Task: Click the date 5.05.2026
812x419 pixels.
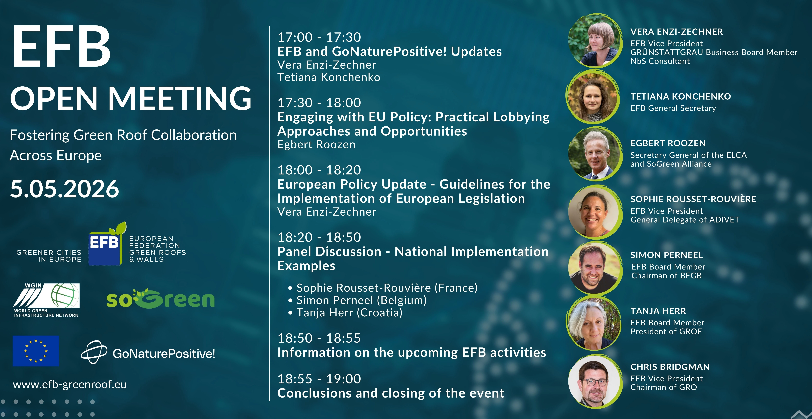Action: [65, 189]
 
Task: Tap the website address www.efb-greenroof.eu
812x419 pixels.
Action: [70, 385]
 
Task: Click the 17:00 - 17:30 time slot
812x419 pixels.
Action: [319, 37]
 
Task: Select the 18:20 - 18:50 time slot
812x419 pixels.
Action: [319, 237]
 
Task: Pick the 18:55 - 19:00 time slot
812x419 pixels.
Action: [319, 379]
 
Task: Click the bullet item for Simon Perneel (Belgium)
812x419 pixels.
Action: [357, 300]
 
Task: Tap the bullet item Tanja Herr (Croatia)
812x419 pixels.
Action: [345, 313]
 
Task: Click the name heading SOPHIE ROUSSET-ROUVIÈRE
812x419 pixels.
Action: [693, 199]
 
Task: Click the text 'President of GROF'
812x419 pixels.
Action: [666, 331]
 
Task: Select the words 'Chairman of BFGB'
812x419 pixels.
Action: [666, 276]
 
